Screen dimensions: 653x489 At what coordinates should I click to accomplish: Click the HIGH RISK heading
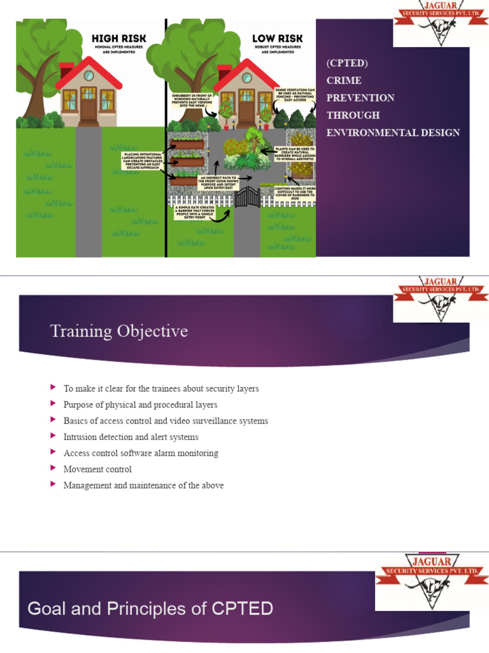click(119, 38)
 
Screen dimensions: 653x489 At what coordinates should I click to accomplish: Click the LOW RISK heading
click(277, 38)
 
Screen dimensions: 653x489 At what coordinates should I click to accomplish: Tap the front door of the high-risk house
click(89, 110)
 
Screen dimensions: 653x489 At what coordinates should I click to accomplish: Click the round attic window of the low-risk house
click(246, 78)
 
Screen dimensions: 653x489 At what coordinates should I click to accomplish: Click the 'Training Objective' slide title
click(119, 331)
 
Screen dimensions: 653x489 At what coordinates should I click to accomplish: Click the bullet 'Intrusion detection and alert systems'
click(131, 437)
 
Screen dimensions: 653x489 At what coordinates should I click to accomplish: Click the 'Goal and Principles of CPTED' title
click(150, 608)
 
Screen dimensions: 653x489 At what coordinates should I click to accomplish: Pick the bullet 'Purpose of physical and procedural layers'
click(140, 405)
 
